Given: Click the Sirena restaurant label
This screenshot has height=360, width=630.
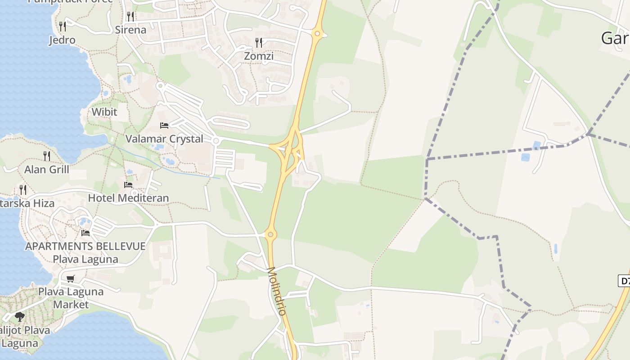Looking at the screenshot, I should (x=130, y=30).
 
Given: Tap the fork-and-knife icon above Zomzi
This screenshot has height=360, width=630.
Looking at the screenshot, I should (x=259, y=43).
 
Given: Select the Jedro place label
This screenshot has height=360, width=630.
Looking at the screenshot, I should (x=62, y=40).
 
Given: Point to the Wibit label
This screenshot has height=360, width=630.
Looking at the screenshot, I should (x=104, y=112).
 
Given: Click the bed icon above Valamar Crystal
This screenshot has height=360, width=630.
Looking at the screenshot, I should (x=164, y=126).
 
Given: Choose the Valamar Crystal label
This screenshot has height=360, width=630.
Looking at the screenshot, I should (x=164, y=139).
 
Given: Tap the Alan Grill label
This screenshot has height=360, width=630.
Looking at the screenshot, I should (x=47, y=169).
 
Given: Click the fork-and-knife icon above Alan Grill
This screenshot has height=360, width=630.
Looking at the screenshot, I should (x=47, y=156).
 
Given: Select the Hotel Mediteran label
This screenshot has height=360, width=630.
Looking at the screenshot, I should (x=128, y=198).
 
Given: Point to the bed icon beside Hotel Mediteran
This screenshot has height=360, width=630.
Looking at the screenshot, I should (x=128, y=184).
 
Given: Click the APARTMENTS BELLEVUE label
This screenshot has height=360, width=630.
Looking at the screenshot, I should (x=85, y=246).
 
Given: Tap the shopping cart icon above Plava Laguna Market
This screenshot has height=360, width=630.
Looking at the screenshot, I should (x=70, y=279).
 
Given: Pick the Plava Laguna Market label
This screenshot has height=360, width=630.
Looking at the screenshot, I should (x=71, y=298).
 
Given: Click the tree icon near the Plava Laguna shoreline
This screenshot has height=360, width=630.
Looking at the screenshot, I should (x=19, y=317).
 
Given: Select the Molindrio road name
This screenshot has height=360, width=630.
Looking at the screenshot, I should (x=277, y=291).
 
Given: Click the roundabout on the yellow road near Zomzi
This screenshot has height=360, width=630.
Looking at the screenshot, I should (x=318, y=33).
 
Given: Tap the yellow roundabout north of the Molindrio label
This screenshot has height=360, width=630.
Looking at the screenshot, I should (x=270, y=234).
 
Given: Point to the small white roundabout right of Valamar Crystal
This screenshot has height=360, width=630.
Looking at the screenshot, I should (x=216, y=141).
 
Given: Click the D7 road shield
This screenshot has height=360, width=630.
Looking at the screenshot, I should (x=625, y=281).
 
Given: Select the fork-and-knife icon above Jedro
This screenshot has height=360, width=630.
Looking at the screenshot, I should (x=63, y=27).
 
